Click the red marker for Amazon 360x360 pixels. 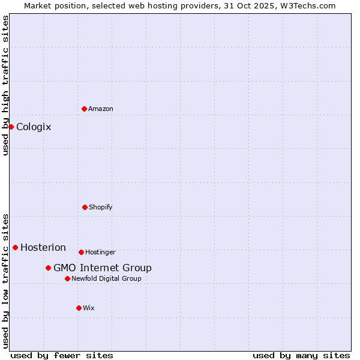(x=84, y=109)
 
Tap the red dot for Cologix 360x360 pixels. (x=11, y=127)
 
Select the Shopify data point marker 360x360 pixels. (x=85, y=207)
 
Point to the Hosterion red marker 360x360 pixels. (x=15, y=247)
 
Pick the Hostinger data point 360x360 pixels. (x=81, y=252)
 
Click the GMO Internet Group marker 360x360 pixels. (x=48, y=268)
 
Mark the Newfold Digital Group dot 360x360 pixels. (x=67, y=278)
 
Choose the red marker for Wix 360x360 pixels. (x=79, y=308)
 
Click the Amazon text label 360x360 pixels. (x=101, y=109)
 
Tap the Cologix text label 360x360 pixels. (x=34, y=127)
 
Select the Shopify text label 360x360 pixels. (x=101, y=207)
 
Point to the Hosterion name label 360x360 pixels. (x=43, y=247)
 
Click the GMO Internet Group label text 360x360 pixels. (x=103, y=268)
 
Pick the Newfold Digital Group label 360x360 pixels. (x=107, y=278)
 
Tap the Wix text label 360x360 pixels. (x=89, y=308)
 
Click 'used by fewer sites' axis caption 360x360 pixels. (x=62, y=355)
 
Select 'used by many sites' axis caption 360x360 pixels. (x=301, y=355)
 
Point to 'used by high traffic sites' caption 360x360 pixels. (x=5, y=85)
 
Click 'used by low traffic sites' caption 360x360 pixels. (x=5, y=281)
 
